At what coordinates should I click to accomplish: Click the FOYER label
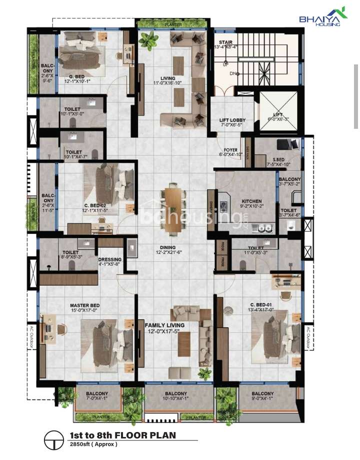click(230, 150)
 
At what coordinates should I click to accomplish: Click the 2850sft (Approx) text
click(90, 444)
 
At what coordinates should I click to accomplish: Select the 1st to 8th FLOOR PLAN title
click(122, 435)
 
